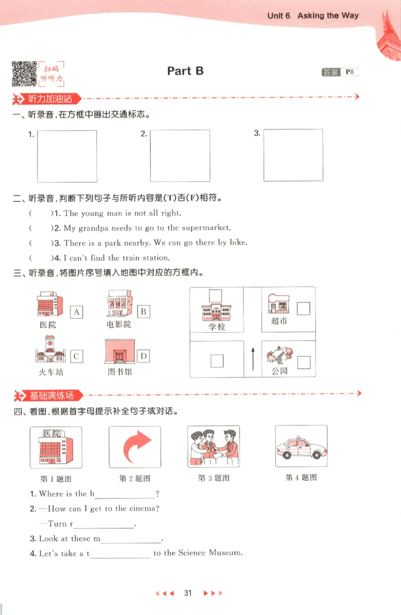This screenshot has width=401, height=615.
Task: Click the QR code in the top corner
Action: (24, 74)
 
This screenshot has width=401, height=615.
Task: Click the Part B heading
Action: (185, 71)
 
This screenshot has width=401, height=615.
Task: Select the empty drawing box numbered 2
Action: (180, 156)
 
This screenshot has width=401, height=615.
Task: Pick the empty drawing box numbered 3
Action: (293, 155)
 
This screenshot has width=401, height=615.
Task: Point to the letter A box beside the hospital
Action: (77, 312)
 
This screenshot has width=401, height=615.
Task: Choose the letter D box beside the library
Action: (143, 356)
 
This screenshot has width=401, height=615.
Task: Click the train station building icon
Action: (51, 349)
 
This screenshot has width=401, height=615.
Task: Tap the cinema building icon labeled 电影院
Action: (119, 304)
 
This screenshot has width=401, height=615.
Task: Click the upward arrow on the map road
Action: (253, 359)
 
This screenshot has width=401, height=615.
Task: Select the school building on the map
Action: (216, 312)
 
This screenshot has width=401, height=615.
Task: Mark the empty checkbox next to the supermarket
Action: (303, 309)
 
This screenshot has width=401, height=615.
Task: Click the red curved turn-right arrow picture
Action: (135, 447)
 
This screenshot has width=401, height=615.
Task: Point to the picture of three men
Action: (214, 446)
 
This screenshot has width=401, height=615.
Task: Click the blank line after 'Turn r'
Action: (104, 524)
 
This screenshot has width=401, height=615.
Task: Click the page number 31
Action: (188, 593)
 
